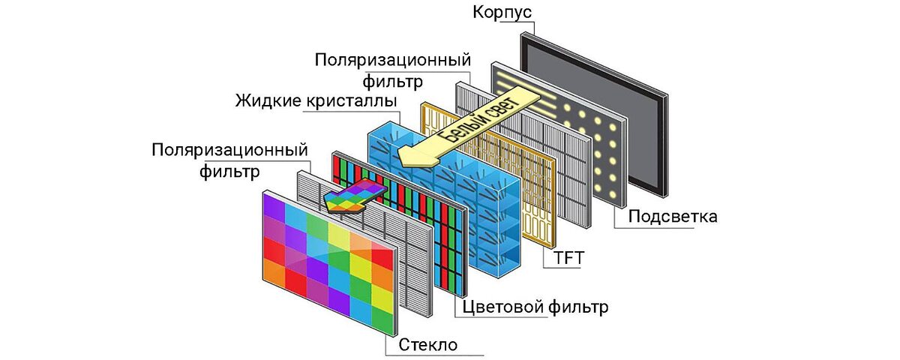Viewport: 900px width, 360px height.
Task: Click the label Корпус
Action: click(501, 13)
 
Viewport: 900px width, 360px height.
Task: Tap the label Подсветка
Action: click(673, 217)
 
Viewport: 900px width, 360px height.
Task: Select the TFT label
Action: click(568, 259)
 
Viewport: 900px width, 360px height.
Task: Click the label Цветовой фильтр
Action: click(535, 306)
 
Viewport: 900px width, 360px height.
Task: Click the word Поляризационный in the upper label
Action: click(393, 58)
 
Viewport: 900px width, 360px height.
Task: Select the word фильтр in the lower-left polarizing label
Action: click(229, 172)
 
